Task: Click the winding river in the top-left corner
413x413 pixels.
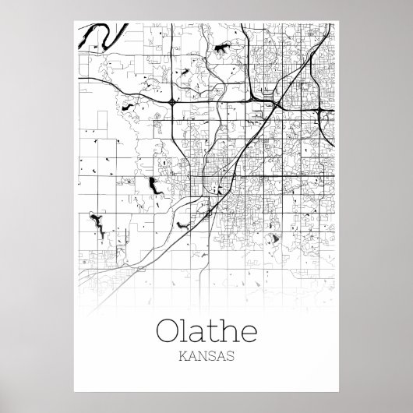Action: tap(97, 35)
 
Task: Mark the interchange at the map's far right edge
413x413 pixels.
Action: tap(322, 115)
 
